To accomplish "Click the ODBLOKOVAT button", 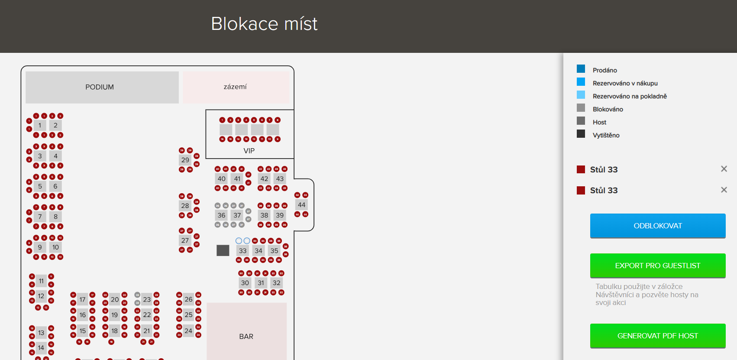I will (x=657, y=226).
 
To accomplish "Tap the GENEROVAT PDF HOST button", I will (x=657, y=336).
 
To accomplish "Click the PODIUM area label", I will (x=100, y=87).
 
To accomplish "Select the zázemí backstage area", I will (x=235, y=87).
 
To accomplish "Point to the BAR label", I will (x=246, y=337).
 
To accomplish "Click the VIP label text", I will (x=249, y=151).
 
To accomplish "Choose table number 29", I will (x=185, y=160).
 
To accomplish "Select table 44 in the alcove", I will (x=301, y=205).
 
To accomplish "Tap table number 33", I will (x=242, y=251).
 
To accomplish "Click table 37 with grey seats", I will (x=237, y=215).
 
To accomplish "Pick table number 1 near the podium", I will (x=40, y=126).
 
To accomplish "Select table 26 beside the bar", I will (x=188, y=299).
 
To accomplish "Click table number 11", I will (x=41, y=281).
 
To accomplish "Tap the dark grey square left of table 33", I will (x=223, y=250).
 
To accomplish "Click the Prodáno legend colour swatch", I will (x=581, y=69).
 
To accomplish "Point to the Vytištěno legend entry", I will (x=606, y=135).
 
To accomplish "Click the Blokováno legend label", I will (x=608, y=109).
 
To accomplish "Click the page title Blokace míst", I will (x=264, y=24).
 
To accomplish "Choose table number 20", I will (x=115, y=299).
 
